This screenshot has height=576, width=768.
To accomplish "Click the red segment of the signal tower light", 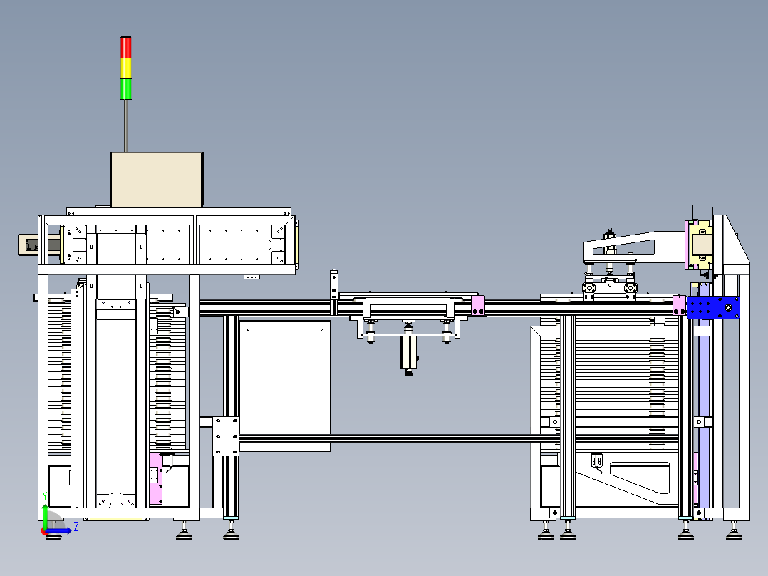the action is tap(126, 48).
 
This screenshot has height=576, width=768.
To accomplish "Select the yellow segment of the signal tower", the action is tap(126, 68).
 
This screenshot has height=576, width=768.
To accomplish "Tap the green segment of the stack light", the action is tap(126, 88).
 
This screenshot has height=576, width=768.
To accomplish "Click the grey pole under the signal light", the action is tap(126, 126).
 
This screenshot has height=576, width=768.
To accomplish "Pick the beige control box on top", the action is tap(157, 180).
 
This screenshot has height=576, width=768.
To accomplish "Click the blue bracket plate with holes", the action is tap(713, 307).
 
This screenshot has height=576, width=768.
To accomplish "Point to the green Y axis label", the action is tap(45, 496).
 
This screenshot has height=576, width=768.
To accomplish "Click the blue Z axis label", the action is tap(76, 527).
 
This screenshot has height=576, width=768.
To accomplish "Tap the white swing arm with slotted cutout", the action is tap(632, 247).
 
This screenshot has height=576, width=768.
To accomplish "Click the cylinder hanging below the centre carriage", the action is tap(408, 353).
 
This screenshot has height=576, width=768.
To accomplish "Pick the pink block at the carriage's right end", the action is tap(477, 305).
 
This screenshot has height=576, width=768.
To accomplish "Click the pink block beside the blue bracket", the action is tap(680, 305).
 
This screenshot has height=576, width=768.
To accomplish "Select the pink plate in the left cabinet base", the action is tap(155, 478).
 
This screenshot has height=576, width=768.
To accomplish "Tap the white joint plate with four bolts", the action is tap(225, 436).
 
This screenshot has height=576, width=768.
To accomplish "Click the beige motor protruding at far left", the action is tap(38, 245).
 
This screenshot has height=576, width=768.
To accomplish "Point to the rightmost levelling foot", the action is tap(733, 531).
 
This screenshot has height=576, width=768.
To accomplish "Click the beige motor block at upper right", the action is tap(701, 245).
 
